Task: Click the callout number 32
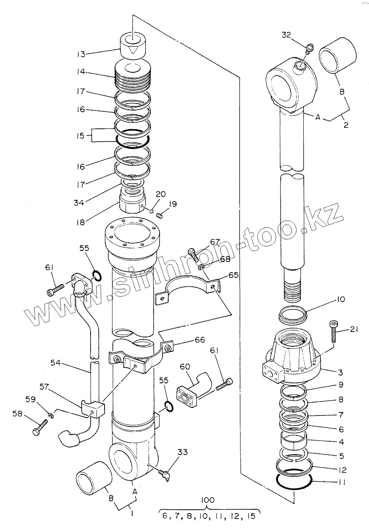coord(286,35)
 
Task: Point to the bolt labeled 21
coord(333,331)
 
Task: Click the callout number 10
coord(341,300)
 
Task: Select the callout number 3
coord(341,372)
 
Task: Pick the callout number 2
coord(346,125)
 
